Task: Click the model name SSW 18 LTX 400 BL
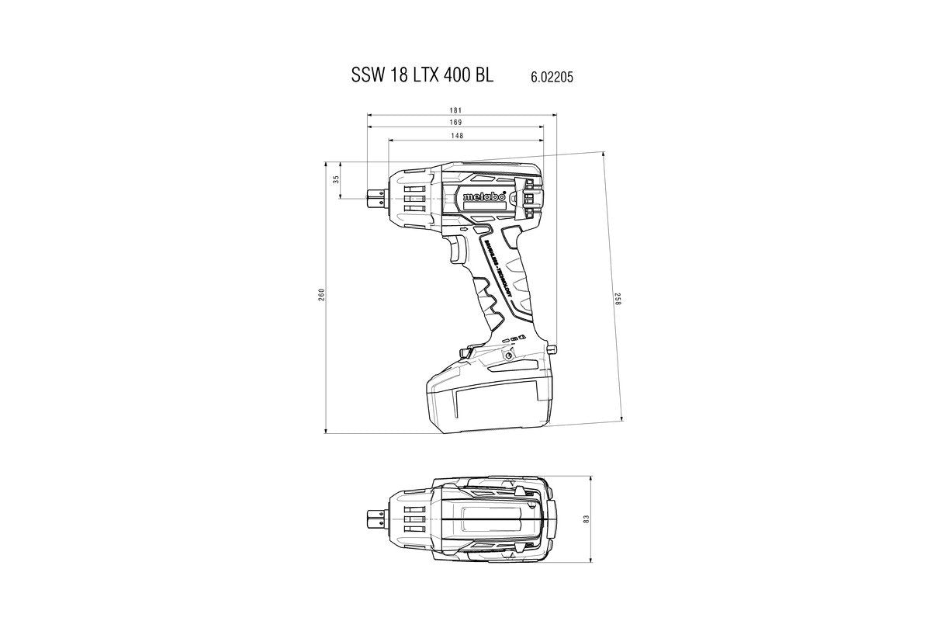(x=424, y=77)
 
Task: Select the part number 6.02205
(x=552, y=78)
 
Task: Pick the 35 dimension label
(x=336, y=179)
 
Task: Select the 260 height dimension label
(x=321, y=295)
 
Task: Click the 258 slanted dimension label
(x=618, y=298)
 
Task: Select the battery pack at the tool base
(x=489, y=400)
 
